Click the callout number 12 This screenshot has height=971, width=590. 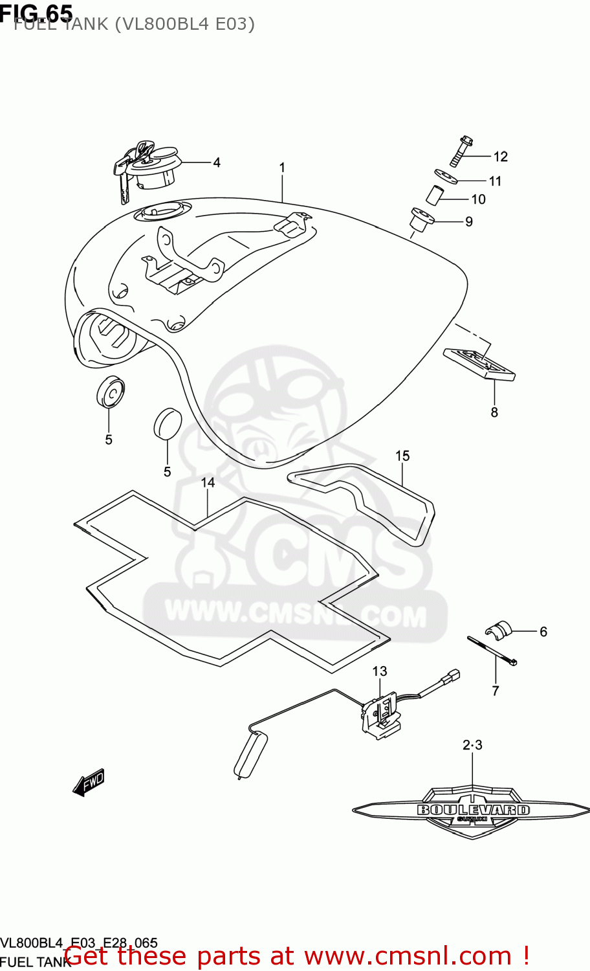pyautogui.click(x=501, y=157)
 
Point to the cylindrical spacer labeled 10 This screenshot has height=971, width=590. pyautogui.click(x=436, y=195)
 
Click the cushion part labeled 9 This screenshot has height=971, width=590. pyautogui.click(x=421, y=219)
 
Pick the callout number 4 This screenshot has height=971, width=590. pyautogui.click(x=217, y=162)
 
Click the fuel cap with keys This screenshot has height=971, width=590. pyautogui.click(x=151, y=164)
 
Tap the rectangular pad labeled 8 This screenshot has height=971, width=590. pyautogui.click(x=479, y=363)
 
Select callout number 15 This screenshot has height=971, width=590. pyautogui.click(x=402, y=456)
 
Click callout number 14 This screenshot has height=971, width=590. pyautogui.click(x=208, y=482)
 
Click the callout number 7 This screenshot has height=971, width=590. pyautogui.click(x=496, y=691)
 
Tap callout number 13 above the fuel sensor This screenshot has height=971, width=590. pyautogui.click(x=380, y=671)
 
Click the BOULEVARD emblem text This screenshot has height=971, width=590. pyautogui.click(x=473, y=810)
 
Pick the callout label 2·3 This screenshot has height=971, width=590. pyautogui.click(x=472, y=745)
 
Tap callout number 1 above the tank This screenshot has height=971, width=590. pyautogui.click(x=282, y=168)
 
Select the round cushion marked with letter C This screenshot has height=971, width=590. pyautogui.click(x=111, y=392)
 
